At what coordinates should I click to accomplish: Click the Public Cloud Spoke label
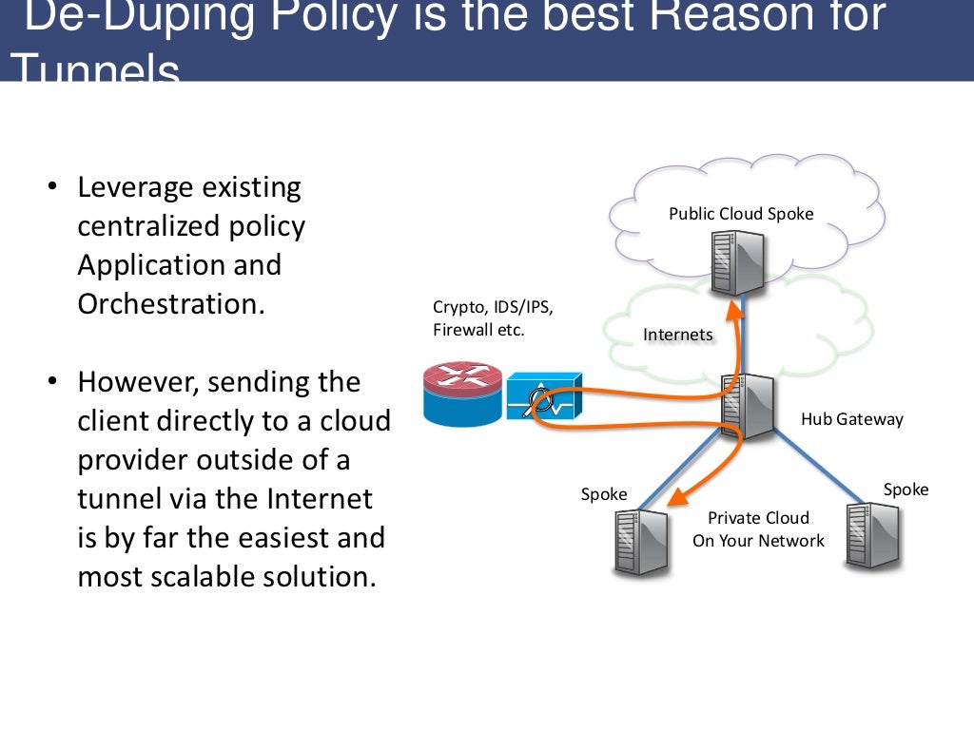741,214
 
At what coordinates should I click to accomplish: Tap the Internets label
677,335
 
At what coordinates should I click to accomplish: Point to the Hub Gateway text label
851,419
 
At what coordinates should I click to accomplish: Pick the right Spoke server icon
870,535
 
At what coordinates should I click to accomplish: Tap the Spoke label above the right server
906,490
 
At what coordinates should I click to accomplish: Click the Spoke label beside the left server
604,494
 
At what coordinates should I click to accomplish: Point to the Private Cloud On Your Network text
758,529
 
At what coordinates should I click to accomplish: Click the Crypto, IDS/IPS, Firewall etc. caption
492,318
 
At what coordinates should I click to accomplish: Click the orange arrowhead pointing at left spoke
676,495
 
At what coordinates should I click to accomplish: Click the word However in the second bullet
138,382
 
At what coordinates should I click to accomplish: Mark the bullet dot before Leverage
53,187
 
